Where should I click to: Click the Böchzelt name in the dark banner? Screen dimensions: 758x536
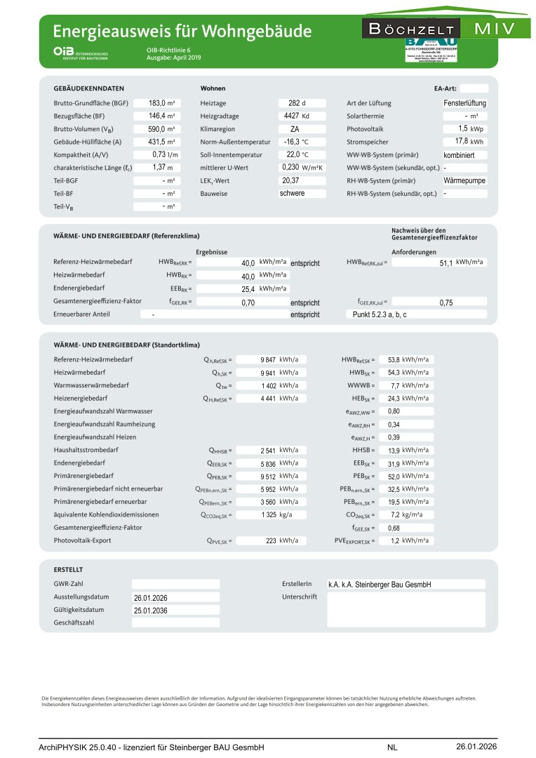[x=411, y=29]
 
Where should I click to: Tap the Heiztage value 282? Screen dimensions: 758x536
[x=293, y=103]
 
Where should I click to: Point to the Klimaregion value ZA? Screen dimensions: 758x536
[x=295, y=129]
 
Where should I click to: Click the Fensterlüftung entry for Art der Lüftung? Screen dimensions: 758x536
[x=465, y=103]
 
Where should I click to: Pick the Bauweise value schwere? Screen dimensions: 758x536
[x=292, y=193]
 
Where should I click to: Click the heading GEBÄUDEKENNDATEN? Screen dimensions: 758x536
[x=89, y=88]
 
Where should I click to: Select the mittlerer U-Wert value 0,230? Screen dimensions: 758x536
[x=290, y=168]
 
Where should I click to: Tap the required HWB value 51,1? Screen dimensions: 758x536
[x=445, y=262]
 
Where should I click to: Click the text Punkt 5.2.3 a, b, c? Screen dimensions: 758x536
[x=380, y=314]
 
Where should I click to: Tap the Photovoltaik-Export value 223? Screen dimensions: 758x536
[x=269, y=541]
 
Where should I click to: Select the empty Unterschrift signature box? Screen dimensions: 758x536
[x=406, y=609]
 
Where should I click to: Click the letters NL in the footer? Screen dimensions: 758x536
[x=392, y=747]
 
